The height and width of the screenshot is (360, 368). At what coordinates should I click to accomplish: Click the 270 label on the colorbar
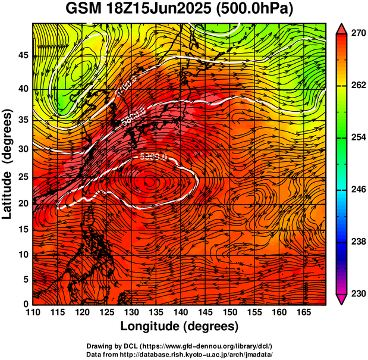coord(355,34)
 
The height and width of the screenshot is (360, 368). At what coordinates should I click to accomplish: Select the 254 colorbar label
coord(355,137)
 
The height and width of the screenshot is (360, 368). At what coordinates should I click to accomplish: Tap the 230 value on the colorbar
coord(355,293)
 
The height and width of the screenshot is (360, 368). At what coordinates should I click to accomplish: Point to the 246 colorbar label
coord(355,190)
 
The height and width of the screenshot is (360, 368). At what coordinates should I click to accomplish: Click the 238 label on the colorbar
coord(355,242)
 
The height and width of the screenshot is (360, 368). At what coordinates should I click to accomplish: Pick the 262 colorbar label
coord(355,86)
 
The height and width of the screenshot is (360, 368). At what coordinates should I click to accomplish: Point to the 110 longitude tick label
coord(33,312)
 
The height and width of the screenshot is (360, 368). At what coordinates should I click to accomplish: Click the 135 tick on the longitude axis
coord(155,312)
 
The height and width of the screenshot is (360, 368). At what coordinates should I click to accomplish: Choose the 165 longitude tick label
coord(302,312)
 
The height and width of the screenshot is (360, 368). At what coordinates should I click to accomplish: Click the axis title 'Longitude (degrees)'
coord(180,326)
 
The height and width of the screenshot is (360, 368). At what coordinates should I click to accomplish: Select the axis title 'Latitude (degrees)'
coord(8,164)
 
